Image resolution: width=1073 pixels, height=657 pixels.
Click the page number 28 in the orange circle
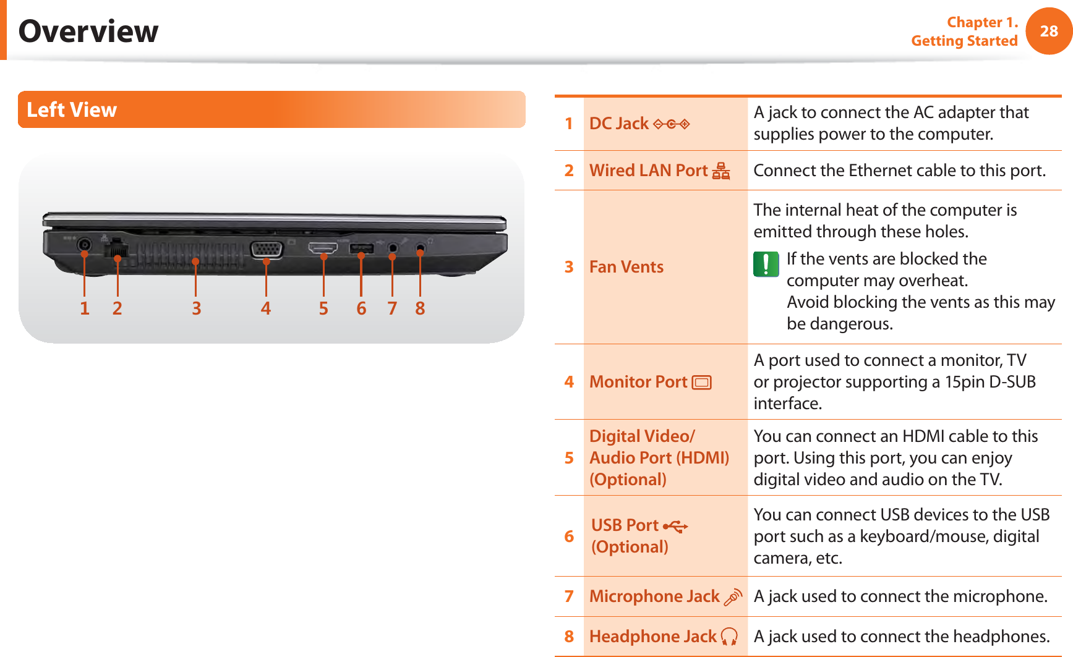(x=1049, y=31)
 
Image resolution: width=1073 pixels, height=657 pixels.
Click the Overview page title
(x=88, y=31)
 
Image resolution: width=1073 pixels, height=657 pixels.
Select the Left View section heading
(x=72, y=110)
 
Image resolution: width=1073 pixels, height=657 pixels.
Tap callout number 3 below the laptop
(x=196, y=308)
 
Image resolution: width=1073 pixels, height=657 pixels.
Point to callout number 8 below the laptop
(x=420, y=308)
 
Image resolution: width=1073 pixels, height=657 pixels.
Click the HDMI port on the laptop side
(x=323, y=248)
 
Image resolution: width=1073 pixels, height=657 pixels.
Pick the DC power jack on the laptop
(x=85, y=245)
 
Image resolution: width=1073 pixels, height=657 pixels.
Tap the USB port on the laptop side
(x=361, y=248)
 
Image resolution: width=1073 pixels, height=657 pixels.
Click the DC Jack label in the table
(x=618, y=124)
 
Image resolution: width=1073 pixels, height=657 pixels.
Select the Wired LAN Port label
(x=648, y=171)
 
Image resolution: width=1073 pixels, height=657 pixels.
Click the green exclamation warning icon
(x=766, y=264)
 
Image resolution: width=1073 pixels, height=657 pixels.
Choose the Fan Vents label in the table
(x=626, y=267)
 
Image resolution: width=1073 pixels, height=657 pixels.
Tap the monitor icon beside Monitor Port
(x=702, y=383)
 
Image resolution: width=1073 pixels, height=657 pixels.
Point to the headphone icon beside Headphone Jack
(x=730, y=637)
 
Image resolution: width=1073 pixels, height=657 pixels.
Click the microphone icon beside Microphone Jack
(x=733, y=597)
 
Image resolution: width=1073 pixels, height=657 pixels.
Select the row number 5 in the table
(x=569, y=458)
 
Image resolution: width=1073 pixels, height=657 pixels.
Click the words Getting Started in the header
(x=964, y=41)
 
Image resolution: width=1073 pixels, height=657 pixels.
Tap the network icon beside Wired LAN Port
(x=720, y=171)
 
